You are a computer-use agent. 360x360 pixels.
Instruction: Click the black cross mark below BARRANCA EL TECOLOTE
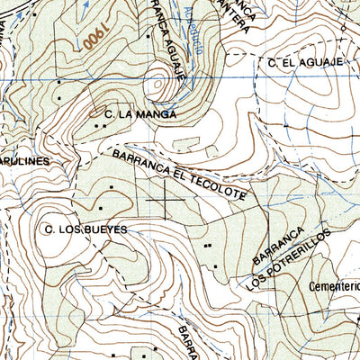coord(166,199)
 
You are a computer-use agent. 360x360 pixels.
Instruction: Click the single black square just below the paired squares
coord(215,266)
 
